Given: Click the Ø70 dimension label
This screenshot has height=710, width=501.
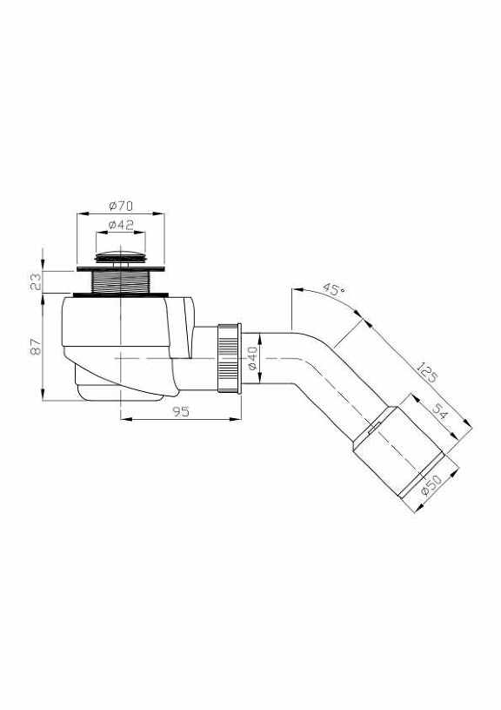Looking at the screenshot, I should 120,206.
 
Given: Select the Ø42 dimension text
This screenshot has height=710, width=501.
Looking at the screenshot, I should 121,225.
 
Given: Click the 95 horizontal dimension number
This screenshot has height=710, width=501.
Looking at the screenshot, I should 181,412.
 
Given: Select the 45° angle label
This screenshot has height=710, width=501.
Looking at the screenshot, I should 332,288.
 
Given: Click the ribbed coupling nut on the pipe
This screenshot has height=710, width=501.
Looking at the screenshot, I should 228,358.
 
